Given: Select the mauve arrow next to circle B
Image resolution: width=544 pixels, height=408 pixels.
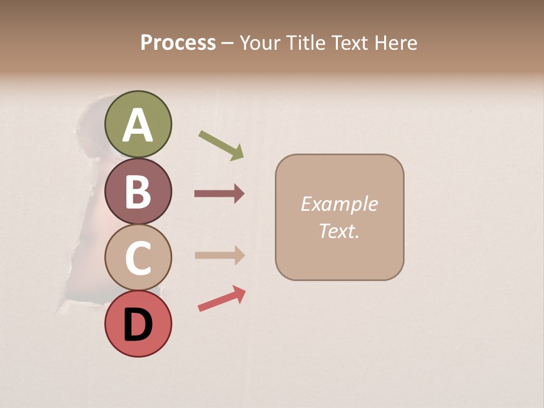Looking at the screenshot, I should click(219, 194).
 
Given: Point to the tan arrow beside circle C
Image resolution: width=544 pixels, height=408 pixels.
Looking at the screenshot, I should click(219, 255).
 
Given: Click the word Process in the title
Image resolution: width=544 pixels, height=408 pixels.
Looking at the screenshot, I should click(178, 43).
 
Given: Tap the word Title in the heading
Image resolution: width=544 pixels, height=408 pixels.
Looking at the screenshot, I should click(307, 43).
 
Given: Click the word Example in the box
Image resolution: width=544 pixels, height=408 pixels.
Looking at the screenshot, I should click(339, 204).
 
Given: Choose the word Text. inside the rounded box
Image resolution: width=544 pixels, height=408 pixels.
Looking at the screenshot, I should click(339, 231).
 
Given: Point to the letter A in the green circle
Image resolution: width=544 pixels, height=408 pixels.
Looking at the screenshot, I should click(138, 125).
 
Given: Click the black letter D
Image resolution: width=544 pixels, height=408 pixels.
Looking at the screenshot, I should click(138, 325).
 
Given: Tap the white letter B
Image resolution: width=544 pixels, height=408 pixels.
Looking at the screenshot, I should click(138, 192).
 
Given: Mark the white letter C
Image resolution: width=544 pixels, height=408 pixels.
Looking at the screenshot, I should click(138, 258).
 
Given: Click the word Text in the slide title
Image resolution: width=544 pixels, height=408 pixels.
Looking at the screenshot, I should click(350, 43).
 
